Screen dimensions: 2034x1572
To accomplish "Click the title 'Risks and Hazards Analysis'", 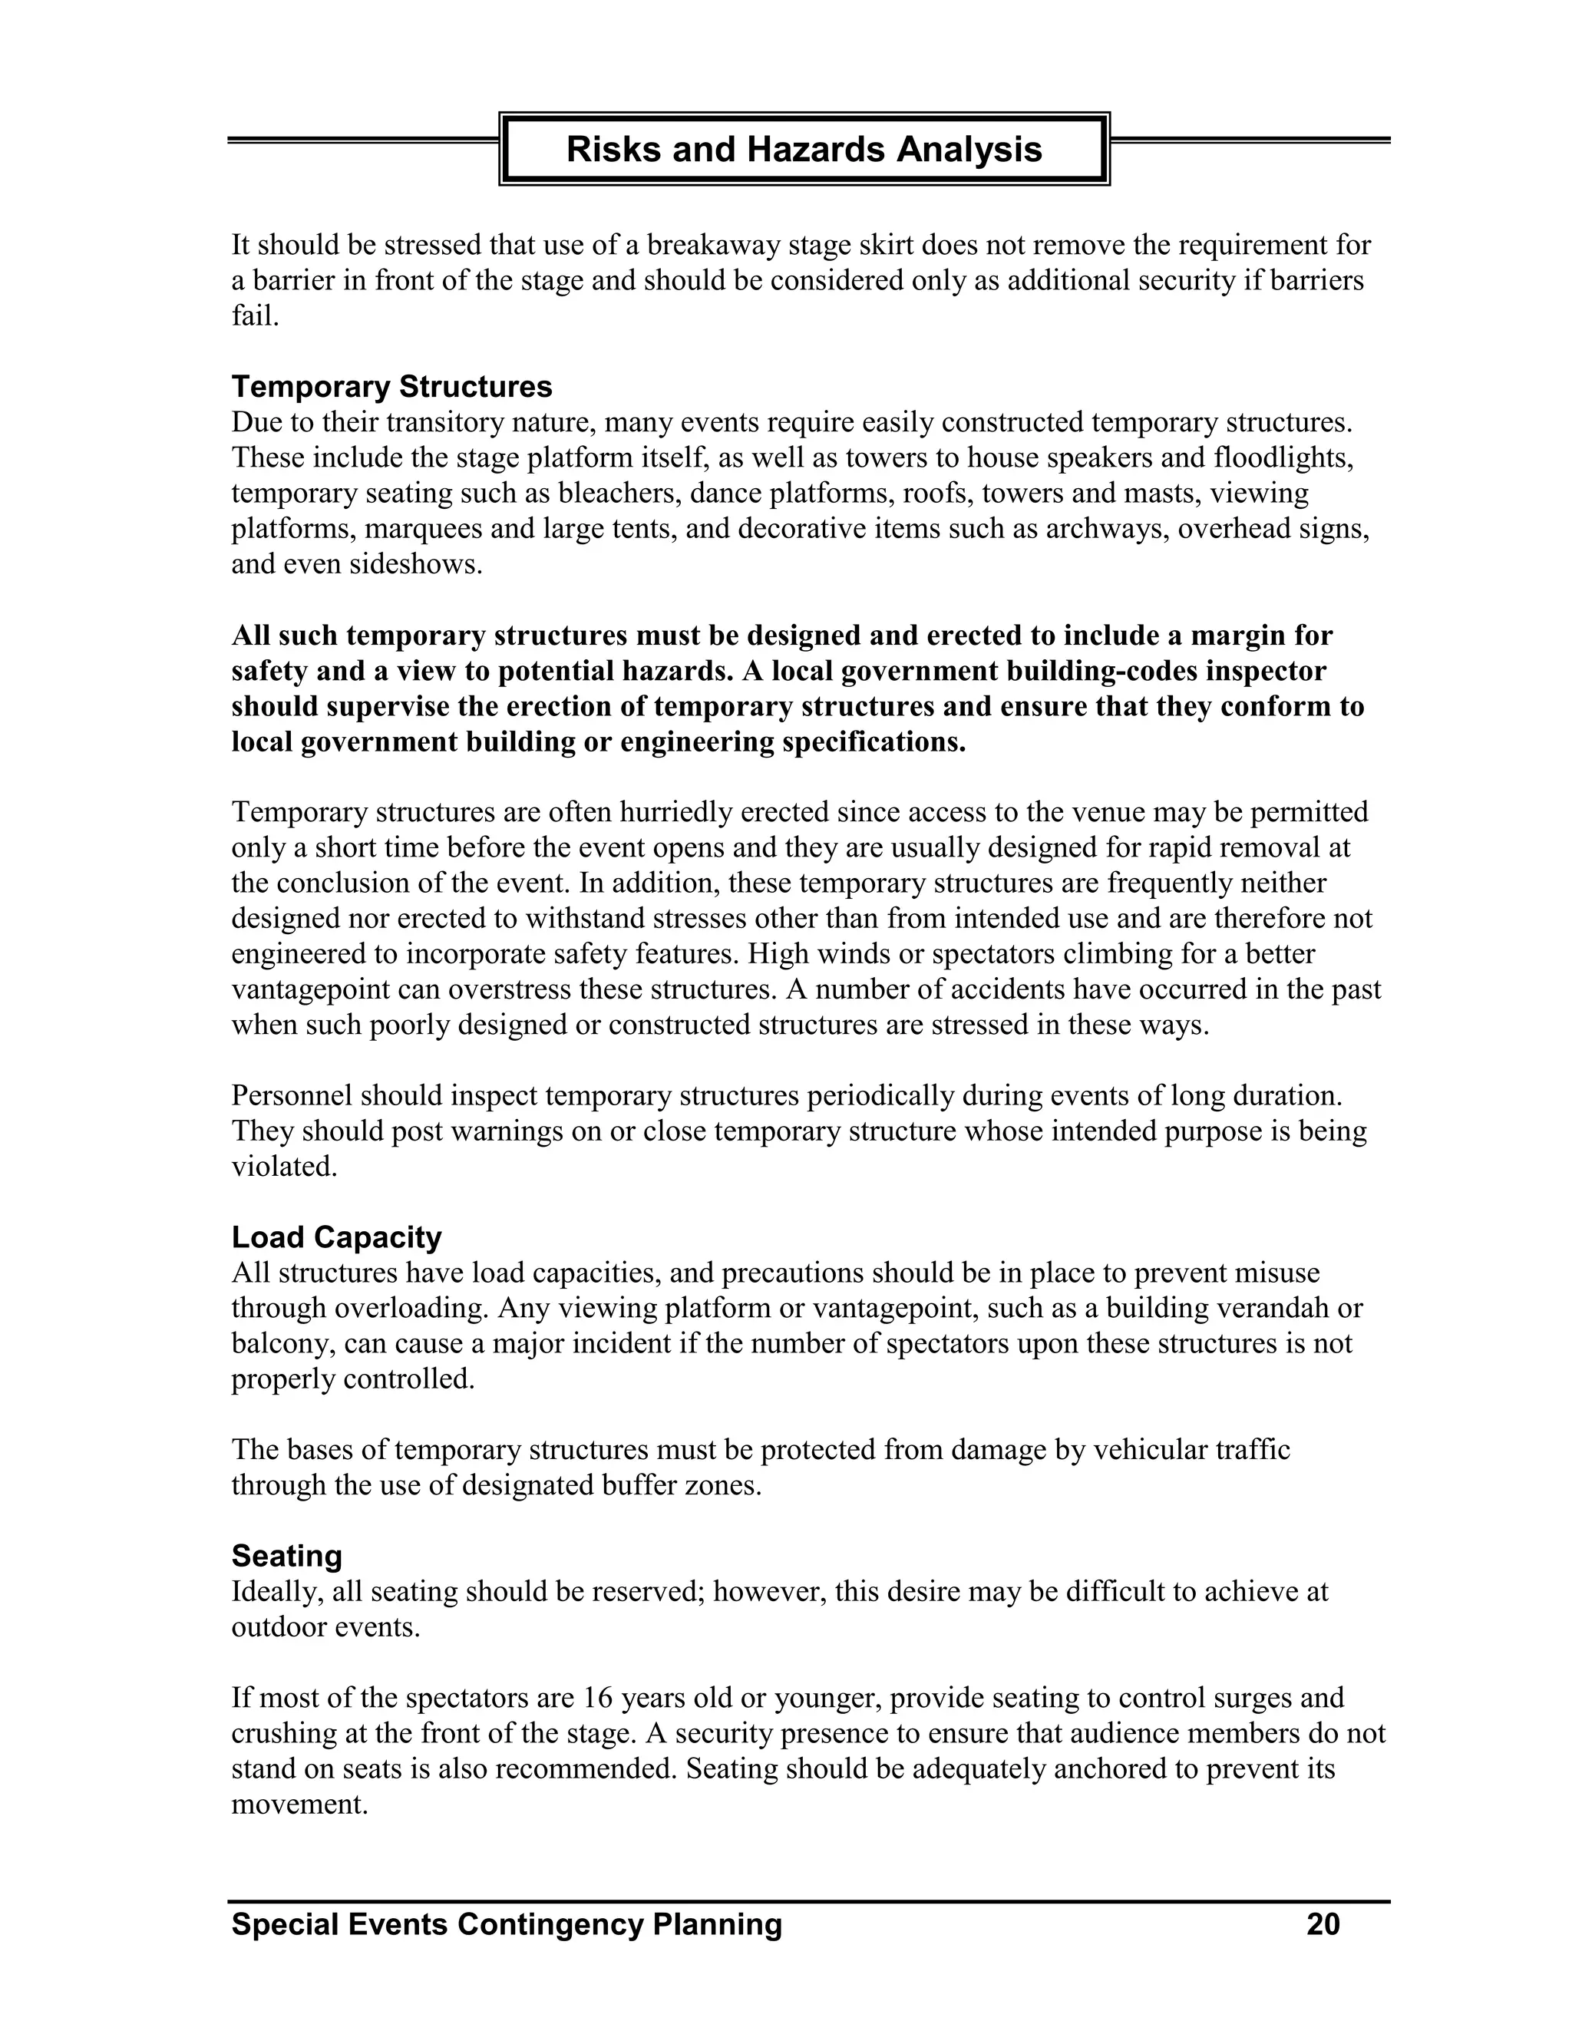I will (x=804, y=149).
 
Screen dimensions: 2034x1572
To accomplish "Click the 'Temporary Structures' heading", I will (x=391, y=387).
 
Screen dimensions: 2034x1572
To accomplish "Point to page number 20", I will (x=1323, y=1924).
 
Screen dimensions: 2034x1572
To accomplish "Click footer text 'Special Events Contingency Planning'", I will (x=507, y=1924).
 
